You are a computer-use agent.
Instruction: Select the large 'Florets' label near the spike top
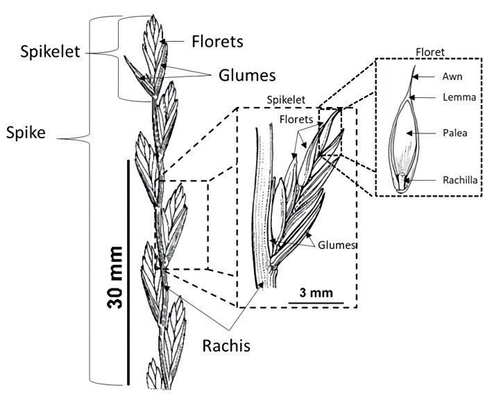[x=217, y=41]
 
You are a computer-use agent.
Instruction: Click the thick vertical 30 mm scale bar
[x=130, y=272]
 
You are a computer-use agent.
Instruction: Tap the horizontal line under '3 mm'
[x=316, y=302]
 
